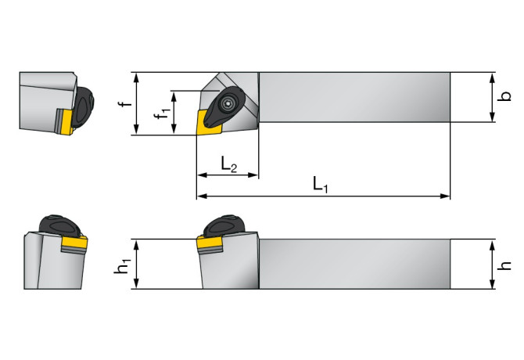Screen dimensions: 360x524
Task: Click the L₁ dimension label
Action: click(321, 185)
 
